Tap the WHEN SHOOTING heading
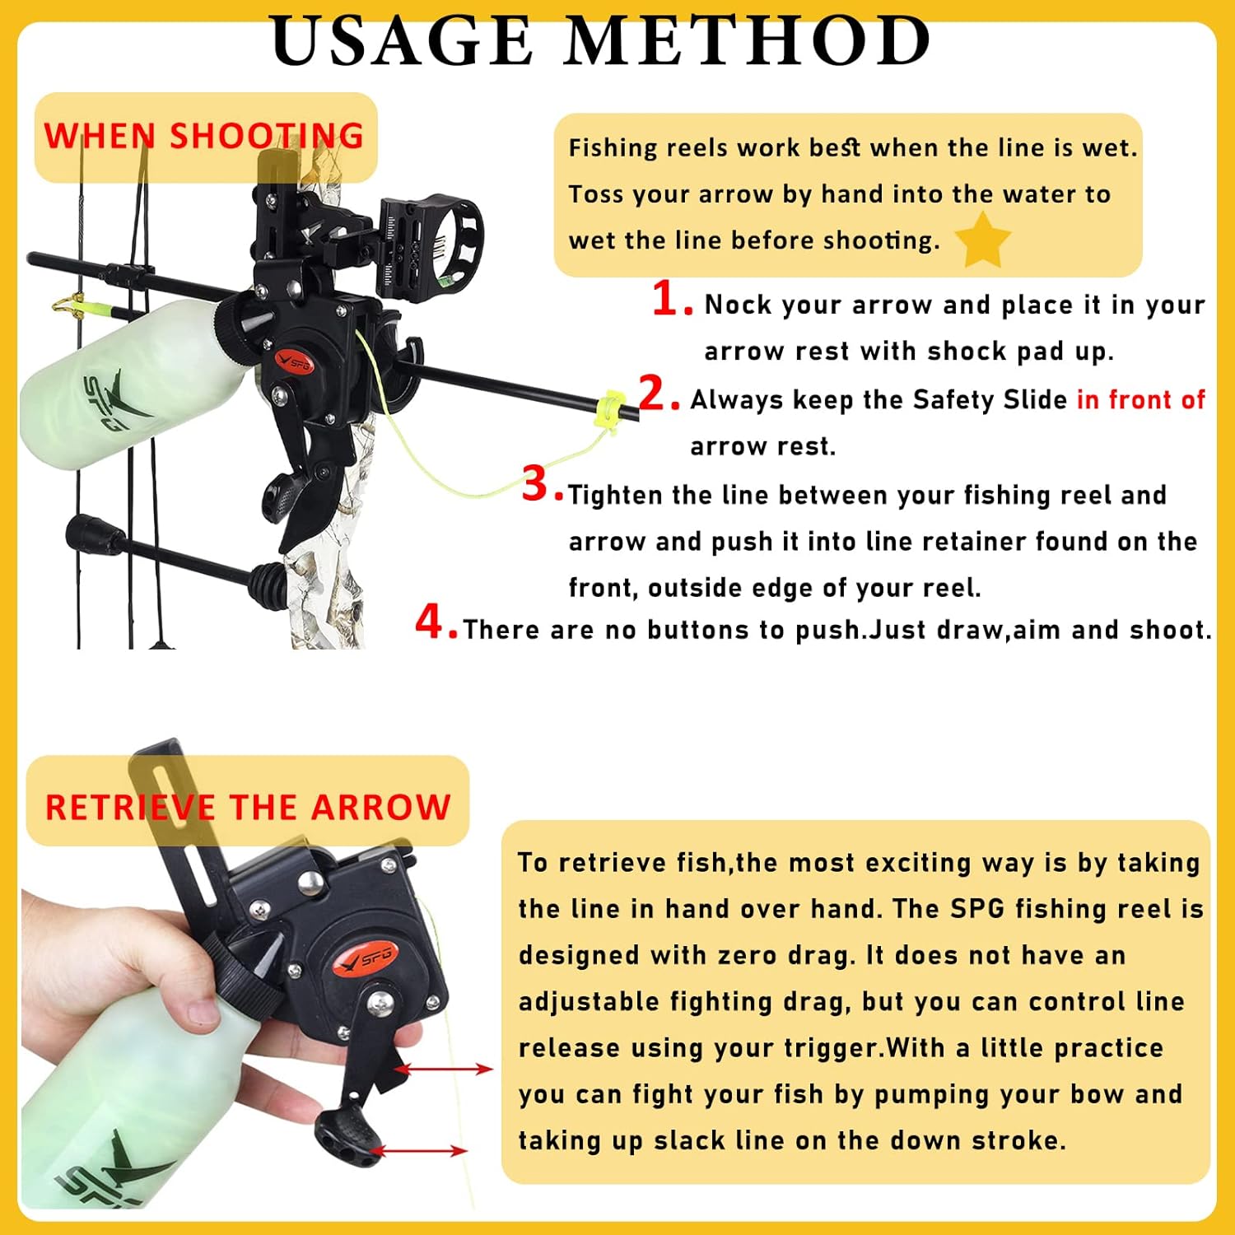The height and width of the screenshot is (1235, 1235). tap(203, 136)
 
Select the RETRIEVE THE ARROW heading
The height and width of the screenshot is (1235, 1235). tap(248, 807)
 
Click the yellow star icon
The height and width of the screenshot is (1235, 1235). tap(982, 240)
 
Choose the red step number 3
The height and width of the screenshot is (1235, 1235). tap(538, 484)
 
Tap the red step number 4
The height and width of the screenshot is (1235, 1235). tap(431, 622)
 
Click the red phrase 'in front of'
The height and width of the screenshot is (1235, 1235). tap(1140, 399)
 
